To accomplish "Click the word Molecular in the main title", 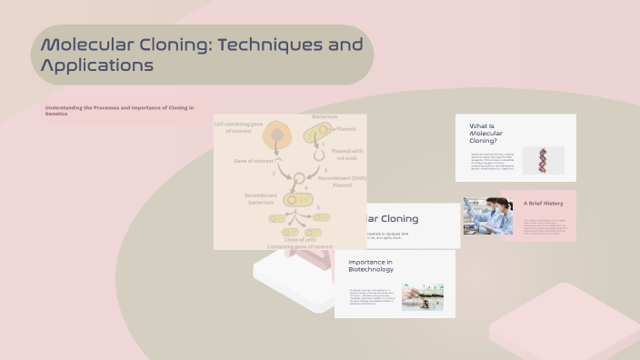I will coord(90,45).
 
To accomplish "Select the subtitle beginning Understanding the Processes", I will coord(119,110).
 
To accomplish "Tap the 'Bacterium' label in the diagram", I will coord(325,117).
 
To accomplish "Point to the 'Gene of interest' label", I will coord(254,160).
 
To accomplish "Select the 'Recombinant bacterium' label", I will coord(260,199).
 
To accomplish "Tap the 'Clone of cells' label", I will coord(299,239).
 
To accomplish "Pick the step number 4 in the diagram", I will coord(306,187).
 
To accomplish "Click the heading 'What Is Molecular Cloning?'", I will coord(485,133).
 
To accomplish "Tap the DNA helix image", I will coord(543,161).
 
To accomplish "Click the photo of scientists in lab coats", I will coord(487,216).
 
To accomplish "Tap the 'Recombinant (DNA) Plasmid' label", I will coord(342,181).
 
